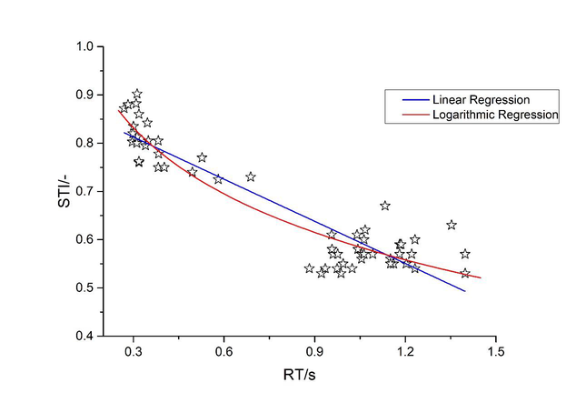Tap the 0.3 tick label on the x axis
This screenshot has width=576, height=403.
click(134, 350)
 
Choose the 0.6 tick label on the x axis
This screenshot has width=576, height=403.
click(223, 350)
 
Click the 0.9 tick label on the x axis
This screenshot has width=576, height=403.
click(314, 350)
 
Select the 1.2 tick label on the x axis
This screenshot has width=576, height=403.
click(405, 350)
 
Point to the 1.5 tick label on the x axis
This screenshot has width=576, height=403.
click(495, 350)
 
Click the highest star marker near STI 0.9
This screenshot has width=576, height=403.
click(137, 94)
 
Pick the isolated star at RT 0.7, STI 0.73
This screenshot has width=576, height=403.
click(251, 176)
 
